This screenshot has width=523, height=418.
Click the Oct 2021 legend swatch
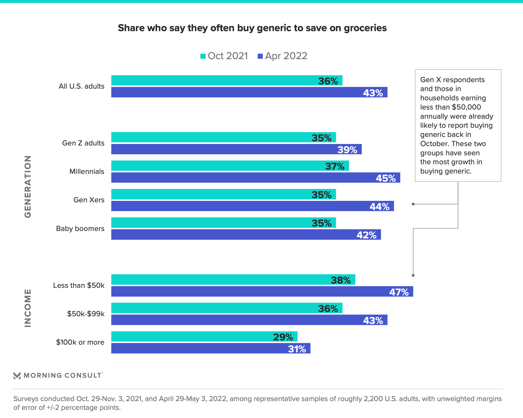[203, 56]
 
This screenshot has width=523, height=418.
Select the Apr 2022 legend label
[286, 56]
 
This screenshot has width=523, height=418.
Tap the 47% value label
[399, 292]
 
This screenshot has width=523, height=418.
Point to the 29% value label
[283, 337]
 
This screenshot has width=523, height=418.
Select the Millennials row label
[87, 172]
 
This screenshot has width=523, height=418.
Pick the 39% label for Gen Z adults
[347, 150]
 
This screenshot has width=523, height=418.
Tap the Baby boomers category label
[80, 229]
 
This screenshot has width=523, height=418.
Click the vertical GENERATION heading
[28, 187]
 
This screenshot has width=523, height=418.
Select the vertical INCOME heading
[28, 308]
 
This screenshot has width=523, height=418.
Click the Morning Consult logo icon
[17, 376]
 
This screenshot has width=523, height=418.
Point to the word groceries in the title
[365, 28]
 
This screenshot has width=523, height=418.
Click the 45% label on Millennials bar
[385, 178]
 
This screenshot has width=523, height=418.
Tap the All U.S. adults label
[81, 86]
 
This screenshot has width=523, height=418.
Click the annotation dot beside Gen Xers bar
[413, 204]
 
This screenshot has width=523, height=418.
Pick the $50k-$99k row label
[86, 314]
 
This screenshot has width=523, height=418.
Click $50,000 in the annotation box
[466, 107]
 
